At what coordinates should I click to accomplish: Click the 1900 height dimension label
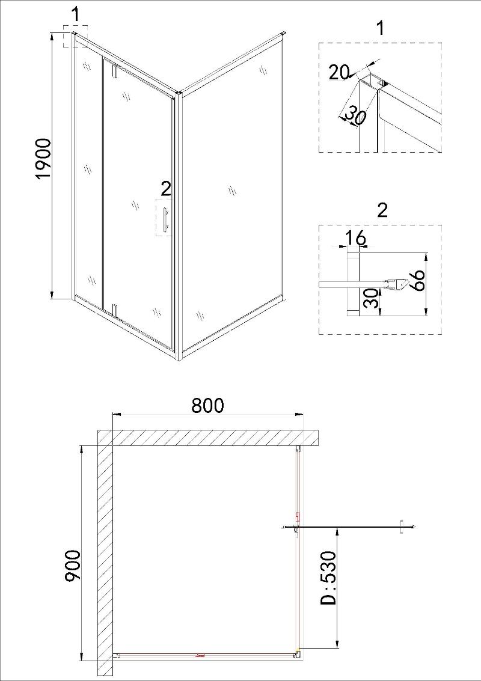point(43,159)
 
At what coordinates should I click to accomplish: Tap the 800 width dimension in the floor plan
point(207,405)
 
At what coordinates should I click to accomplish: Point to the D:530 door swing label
point(328,578)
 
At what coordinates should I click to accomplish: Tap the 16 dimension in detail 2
point(355,238)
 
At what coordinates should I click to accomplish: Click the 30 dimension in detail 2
point(372,298)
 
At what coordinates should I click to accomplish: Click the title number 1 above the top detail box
point(381,28)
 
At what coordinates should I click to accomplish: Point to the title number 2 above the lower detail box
point(382,210)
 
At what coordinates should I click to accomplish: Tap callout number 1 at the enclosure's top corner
point(75,14)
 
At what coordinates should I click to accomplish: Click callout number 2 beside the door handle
point(166,189)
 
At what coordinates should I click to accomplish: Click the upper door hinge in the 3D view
point(115,72)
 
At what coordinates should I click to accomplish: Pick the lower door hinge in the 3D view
point(115,310)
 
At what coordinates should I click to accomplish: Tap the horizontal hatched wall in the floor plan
point(209,438)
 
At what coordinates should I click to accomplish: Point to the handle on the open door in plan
point(402,527)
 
